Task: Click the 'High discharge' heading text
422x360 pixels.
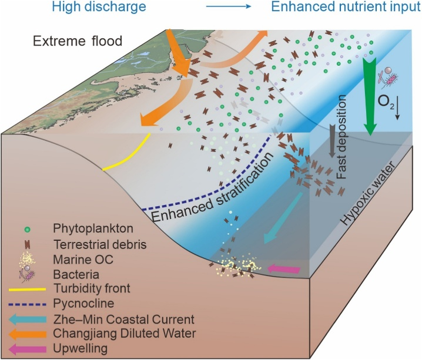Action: [99, 6]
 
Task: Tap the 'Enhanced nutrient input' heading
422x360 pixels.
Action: [346, 6]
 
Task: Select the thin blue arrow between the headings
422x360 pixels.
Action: [229, 6]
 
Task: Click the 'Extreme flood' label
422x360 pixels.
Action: [78, 41]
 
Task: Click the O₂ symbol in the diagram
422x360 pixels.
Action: [386, 102]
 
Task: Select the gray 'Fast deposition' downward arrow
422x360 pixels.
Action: [332, 141]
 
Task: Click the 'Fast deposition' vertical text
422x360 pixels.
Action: [341, 137]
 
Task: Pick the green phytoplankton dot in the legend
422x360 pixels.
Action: [27, 230]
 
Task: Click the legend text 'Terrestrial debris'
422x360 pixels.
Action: [100, 245]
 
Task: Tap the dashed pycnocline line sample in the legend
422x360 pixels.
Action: [27, 305]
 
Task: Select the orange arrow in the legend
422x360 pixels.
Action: [27, 334]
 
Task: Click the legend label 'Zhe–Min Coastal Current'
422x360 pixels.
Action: [124, 319]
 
